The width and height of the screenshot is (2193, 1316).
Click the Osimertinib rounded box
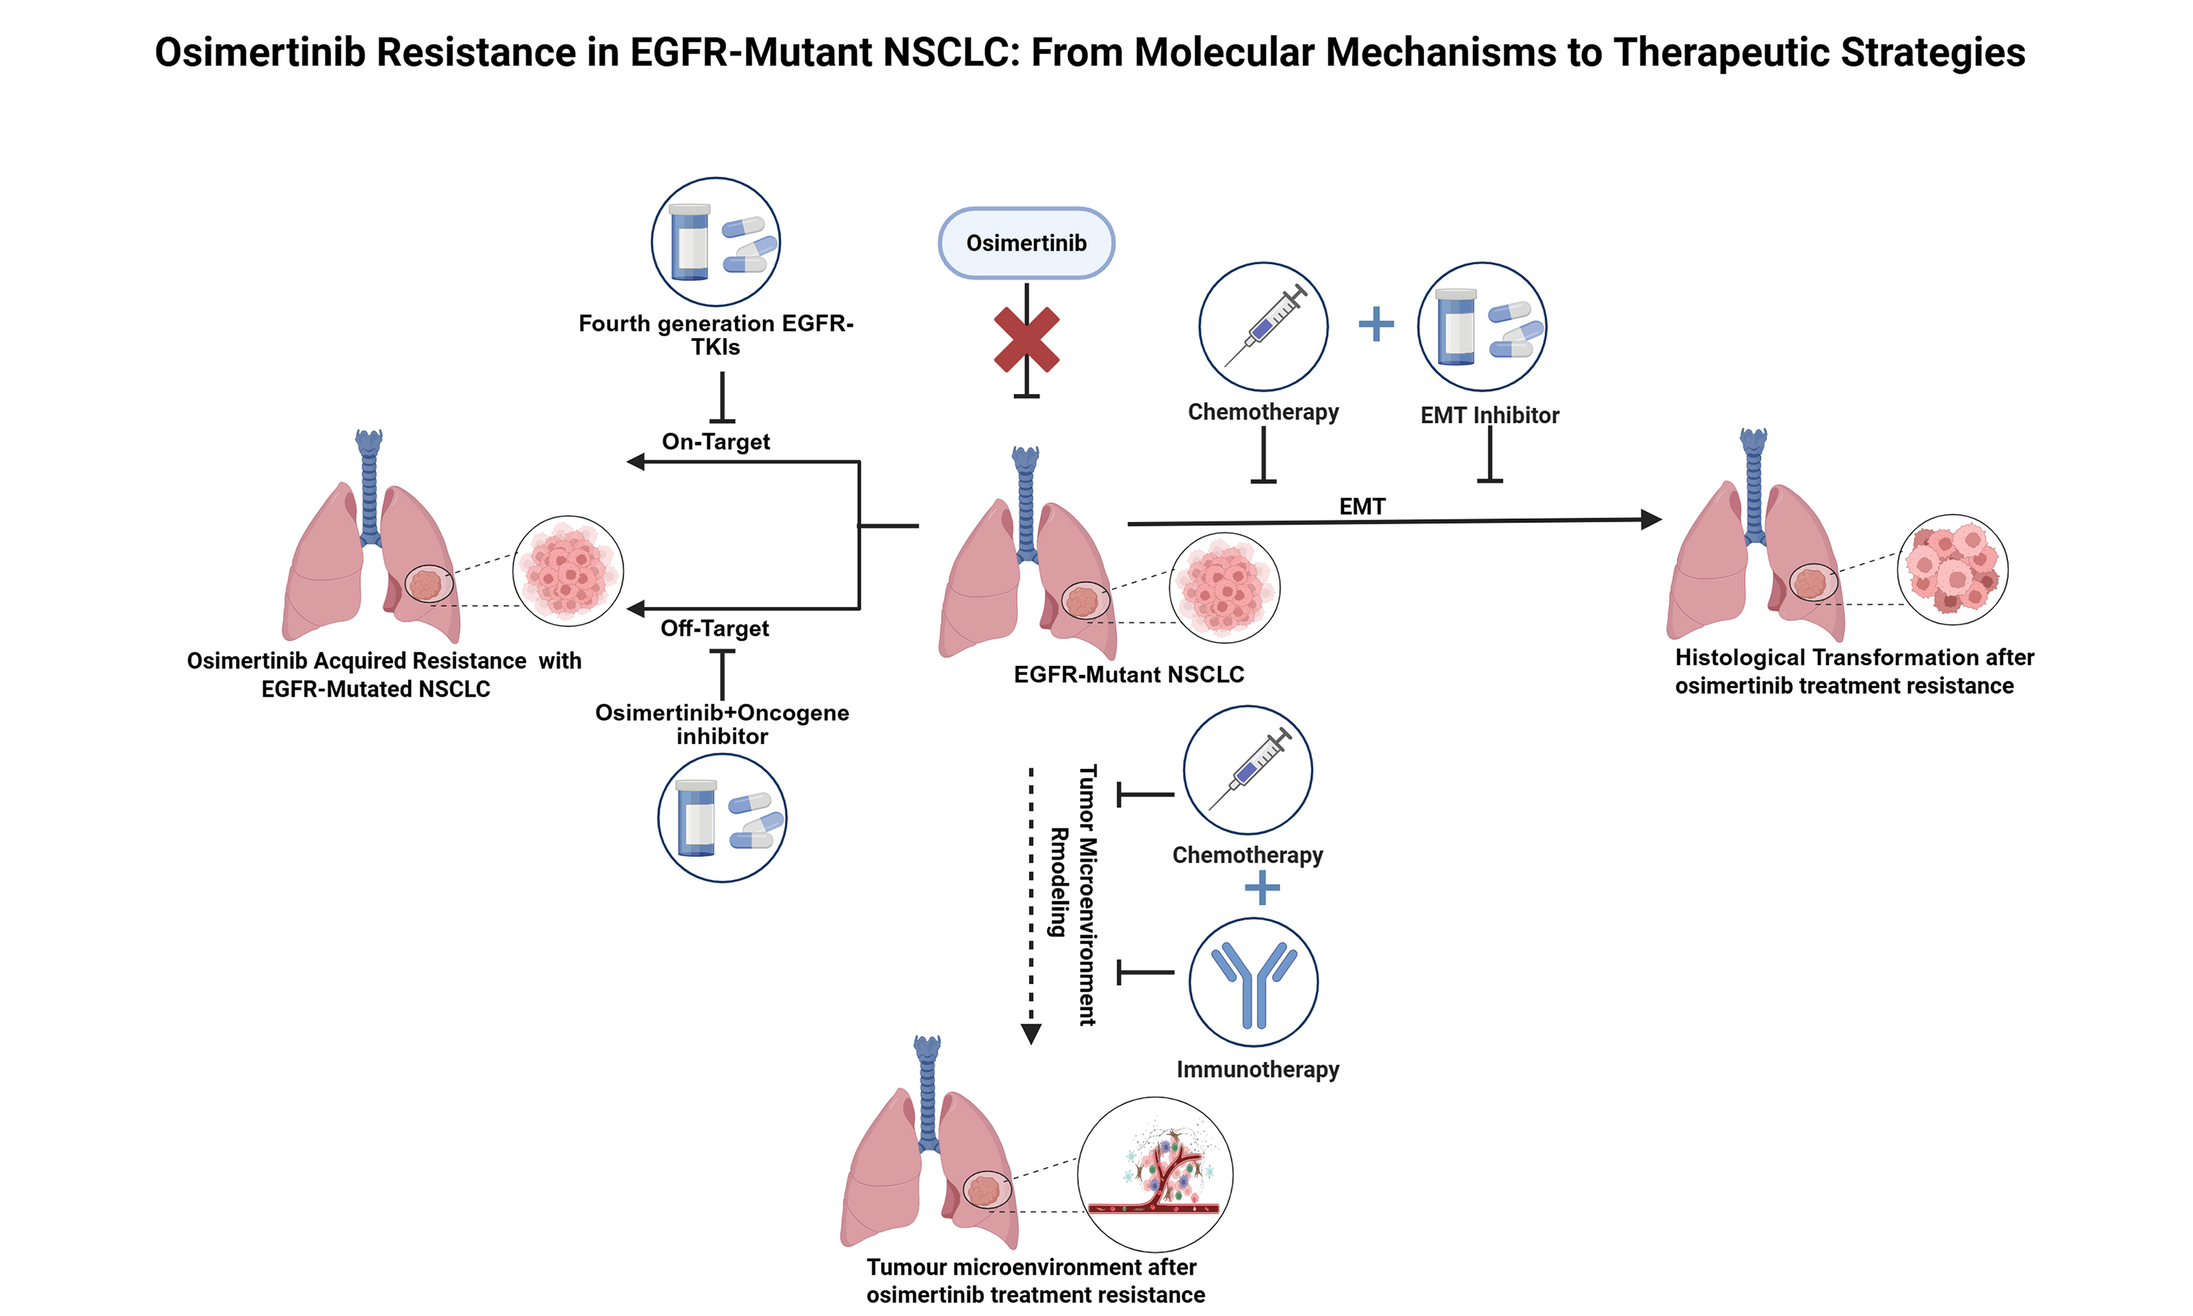pos(1026,243)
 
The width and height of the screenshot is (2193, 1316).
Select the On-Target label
pos(716,441)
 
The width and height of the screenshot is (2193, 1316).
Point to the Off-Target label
pos(715,629)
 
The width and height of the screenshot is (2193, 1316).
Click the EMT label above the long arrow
pos(1361,506)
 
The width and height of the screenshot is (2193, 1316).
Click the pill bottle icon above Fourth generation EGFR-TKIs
pos(716,242)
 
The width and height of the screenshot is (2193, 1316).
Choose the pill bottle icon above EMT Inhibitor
pos(1481,326)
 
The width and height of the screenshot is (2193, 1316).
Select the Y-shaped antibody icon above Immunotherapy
pos(1253,982)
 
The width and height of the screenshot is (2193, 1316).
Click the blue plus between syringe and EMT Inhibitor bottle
pos(1375,324)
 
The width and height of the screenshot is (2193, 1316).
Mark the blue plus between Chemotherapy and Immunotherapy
pos(1262,888)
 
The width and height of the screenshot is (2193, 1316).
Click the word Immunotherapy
pos(1258,1070)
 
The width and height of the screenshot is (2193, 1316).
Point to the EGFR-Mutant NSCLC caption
pos(1128,675)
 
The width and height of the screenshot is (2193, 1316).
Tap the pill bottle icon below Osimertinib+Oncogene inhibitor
pos(722,818)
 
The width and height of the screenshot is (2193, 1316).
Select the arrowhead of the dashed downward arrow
pos(1031,1034)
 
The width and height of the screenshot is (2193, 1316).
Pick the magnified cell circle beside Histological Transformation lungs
pos(1952,569)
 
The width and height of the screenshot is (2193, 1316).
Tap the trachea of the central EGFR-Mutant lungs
pos(1026,506)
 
